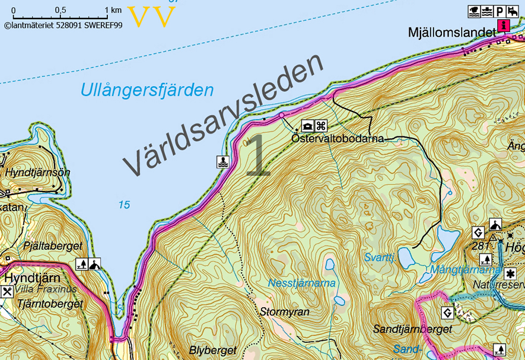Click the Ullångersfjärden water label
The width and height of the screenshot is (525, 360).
[x=147, y=91]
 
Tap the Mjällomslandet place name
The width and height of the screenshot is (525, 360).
[x=451, y=33]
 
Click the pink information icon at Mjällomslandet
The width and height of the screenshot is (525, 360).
[x=504, y=25]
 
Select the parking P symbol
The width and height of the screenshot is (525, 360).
[x=500, y=11]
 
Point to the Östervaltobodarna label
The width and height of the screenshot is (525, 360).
[x=338, y=138]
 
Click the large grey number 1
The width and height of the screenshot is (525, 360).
[x=257, y=155]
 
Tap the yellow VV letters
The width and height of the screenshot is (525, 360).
[x=152, y=17]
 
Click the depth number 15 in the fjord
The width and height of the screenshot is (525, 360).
[x=124, y=205]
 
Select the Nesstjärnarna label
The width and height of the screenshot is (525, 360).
[x=302, y=283]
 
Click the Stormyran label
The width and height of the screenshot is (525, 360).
[x=285, y=311]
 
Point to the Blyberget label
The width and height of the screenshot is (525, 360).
[x=213, y=350]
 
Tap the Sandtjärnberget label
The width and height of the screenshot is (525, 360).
[x=413, y=329]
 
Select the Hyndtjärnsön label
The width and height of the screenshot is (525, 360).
[x=38, y=173]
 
